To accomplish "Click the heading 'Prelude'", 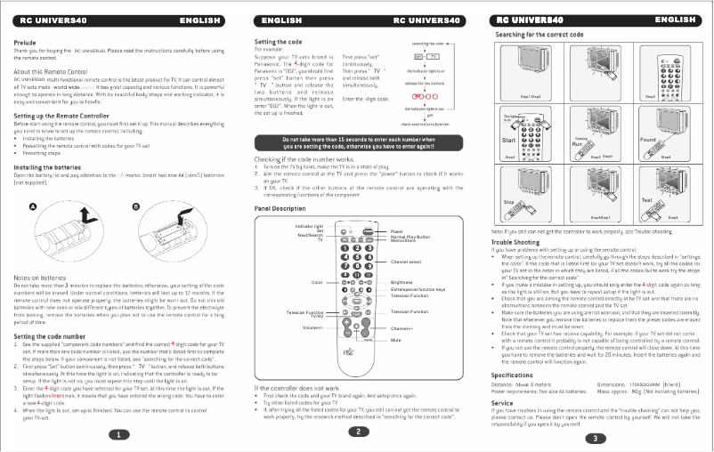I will pyautogui.click(x=25, y=41).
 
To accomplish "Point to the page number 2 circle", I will pyautogui.click(x=357, y=432).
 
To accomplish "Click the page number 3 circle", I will pyautogui.click(x=595, y=438).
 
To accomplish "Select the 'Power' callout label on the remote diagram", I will pyautogui.click(x=398, y=230).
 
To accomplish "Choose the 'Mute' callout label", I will pyautogui.click(x=398, y=340).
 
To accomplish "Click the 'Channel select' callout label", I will pyautogui.click(x=406, y=262).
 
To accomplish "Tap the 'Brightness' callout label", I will pyautogui.click(x=403, y=283).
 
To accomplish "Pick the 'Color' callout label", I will pyautogui.click(x=317, y=282).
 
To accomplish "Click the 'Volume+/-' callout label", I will pyautogui.click(x=311, y=329).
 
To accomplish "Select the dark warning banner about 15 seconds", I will pyautogui.click(x=357, y=141).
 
